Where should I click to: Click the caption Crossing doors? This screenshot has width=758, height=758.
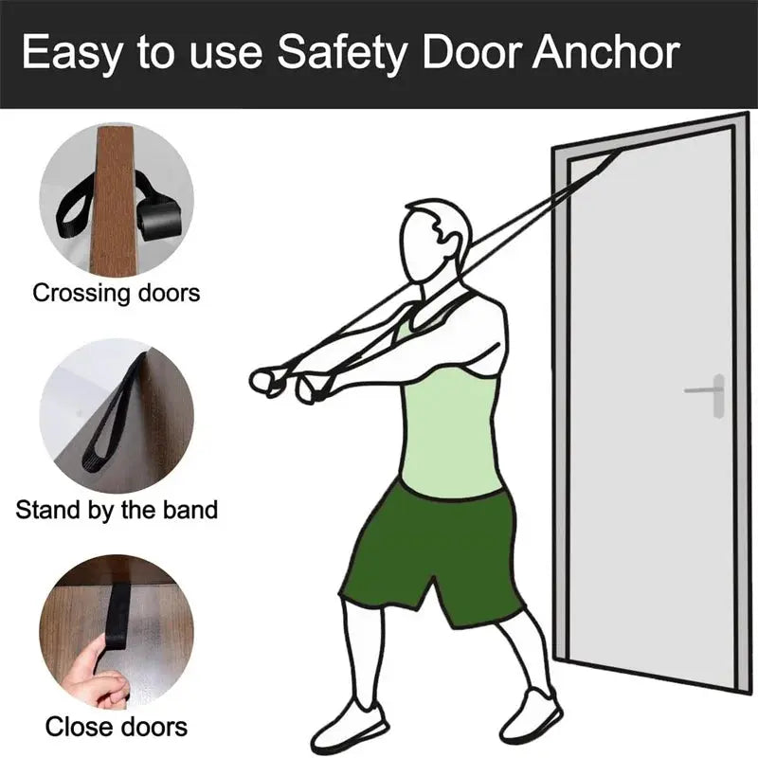(117, 292)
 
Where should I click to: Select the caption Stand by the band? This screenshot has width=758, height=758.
(117, 510)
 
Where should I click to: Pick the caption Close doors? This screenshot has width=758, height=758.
(117, 728)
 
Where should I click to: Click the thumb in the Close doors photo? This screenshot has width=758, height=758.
(85, 663)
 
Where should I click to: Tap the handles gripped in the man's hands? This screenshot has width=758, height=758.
(284, 382)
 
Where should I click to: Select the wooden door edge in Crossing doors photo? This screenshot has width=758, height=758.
(116, 199)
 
